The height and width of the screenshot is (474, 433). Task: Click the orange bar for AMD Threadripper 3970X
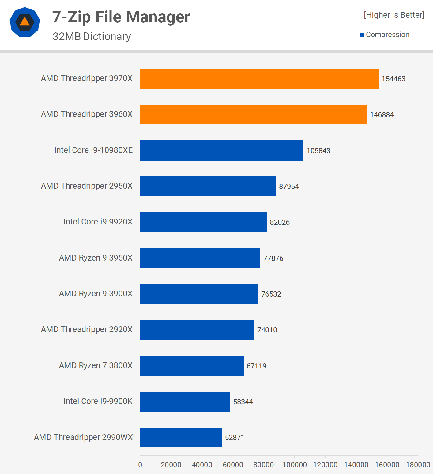(259, 79)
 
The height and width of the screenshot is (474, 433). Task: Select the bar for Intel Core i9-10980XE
(222, 150)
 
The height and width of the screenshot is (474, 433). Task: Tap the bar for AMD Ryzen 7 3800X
(192, 366)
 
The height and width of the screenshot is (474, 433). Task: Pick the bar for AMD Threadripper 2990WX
(181, 437)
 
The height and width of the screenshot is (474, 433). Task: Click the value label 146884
(382, 115)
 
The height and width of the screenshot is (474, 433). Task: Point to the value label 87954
(289, 187)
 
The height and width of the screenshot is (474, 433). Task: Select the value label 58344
(243, 402)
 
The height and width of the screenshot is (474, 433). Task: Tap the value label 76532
(271, 294)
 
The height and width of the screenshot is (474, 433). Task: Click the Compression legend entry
(385, 35)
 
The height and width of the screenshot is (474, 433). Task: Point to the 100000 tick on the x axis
(294, 465)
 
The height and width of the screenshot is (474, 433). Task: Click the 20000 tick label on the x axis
(171, 465)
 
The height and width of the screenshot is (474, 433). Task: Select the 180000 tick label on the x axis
(418, 465)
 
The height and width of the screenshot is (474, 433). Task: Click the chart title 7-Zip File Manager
(121, 17)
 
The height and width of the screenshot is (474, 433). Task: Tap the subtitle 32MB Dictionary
(92, 36)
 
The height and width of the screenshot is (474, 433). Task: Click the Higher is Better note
(394, 15)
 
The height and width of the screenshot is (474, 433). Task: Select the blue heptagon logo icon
(25, 22)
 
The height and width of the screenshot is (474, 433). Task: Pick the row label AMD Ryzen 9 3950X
(96, 258)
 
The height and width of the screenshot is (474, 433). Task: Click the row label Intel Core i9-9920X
(98, 222)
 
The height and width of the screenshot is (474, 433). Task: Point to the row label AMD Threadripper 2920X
(87, 329)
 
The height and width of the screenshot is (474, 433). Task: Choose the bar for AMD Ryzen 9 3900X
(199, 294)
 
